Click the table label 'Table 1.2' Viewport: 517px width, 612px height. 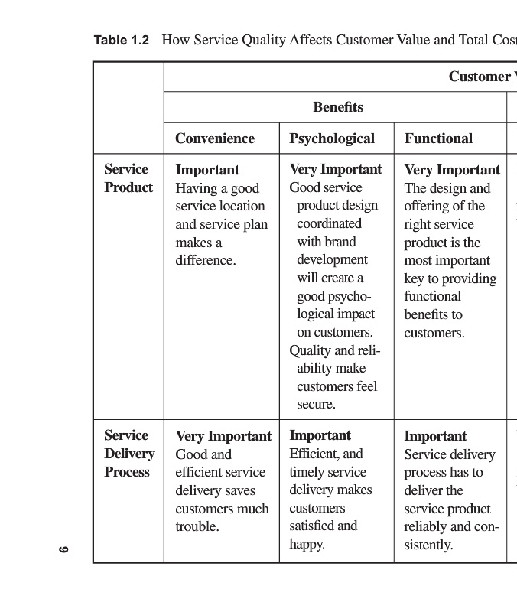coord(121,40)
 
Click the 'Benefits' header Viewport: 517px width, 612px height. coord(338,107)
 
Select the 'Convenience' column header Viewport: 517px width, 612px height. coord(214,138)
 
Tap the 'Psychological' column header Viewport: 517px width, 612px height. coord(332,138)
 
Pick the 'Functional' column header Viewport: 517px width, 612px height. coord(438,138)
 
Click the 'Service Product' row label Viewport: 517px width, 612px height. coord(128,178)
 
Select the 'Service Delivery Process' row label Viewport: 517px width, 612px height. coord(128,454)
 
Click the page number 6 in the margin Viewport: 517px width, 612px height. coord(64,549)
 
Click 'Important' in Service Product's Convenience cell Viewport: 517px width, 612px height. coord(207,170)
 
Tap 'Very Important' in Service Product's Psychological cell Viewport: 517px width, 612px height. coord(335,169)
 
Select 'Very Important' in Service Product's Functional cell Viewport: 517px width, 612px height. coord(451,170)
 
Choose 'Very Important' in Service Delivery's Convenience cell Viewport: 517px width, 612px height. coord(223,436)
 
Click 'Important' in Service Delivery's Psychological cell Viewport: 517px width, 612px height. coord(320,435)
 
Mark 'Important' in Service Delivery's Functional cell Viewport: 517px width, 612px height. coord(435,436)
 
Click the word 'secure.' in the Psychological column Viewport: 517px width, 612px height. coord(316,404)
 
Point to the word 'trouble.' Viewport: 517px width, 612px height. coord(197,526)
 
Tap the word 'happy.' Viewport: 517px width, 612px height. coord(307,545)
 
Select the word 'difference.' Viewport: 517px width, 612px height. coord(206,260)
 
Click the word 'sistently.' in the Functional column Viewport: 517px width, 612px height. coord(428,545)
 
